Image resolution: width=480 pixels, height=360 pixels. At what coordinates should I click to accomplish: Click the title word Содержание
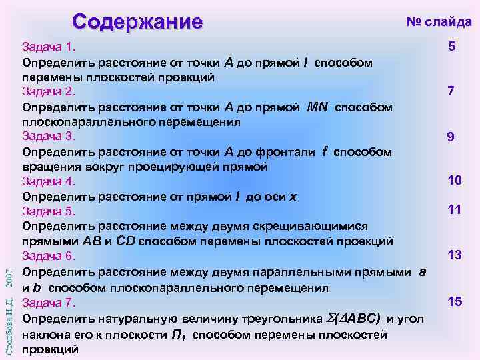[137, 21]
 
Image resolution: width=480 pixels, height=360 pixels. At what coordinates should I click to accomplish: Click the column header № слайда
[439, 22]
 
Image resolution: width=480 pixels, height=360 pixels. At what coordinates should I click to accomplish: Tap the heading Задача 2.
[50, 92]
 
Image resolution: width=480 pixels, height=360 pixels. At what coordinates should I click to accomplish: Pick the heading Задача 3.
[50, 137]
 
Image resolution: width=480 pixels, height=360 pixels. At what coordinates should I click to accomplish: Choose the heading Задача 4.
[50, 181]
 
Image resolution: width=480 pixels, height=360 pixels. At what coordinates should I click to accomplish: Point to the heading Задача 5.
[50, 211]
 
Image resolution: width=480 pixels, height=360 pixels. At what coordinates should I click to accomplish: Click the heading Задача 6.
[50, 256]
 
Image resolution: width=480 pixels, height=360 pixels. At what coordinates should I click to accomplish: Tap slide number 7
[451, 91]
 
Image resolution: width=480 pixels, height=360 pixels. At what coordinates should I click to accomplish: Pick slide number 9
[451, 137]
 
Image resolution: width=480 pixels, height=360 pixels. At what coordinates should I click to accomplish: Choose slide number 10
[455, 181]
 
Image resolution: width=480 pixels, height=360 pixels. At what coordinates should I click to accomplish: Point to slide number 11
[455, 210]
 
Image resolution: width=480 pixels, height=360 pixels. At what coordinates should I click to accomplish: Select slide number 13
[455, 255]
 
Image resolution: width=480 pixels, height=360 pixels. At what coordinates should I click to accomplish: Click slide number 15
[455, 302]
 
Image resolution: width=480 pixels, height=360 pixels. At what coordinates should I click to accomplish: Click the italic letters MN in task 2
[319, 107]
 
